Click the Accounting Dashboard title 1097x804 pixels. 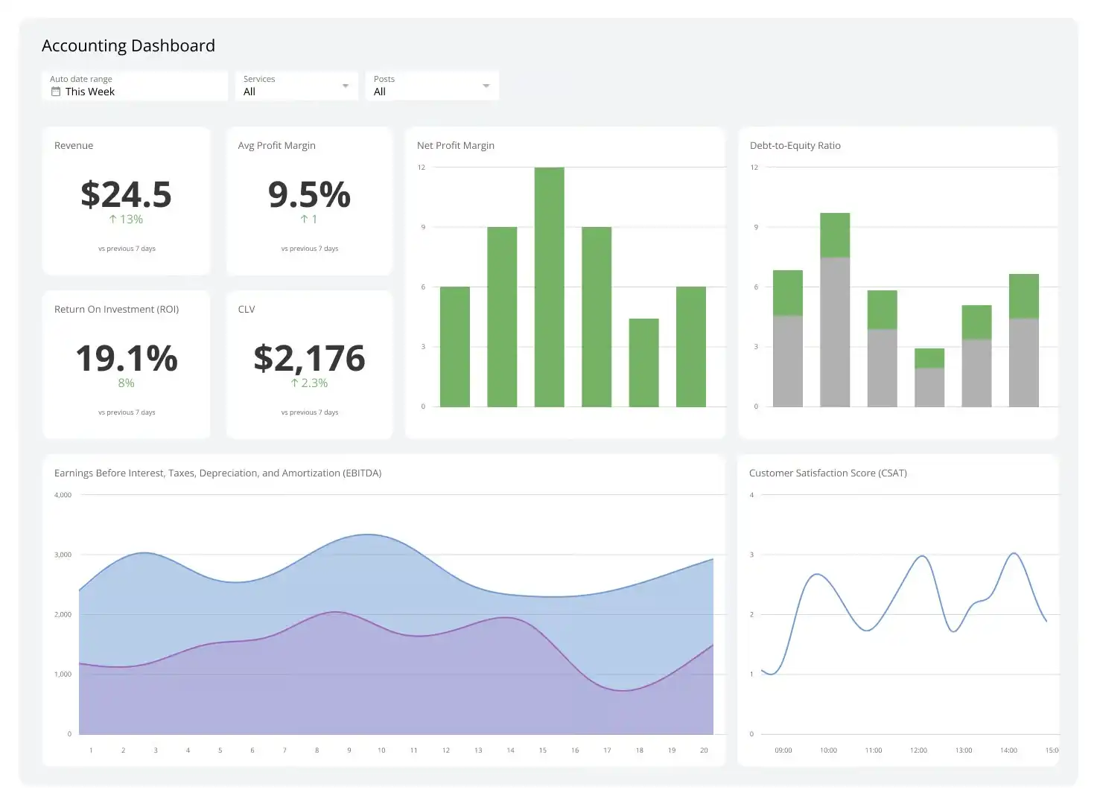[x=128, y=45]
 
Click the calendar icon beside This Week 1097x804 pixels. [x=55, y=92]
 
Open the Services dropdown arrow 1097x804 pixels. [x=345, y=86]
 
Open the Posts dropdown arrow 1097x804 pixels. [x=486, y=86]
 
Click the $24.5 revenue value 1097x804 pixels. [x=126, y=194]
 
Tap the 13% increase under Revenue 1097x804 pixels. [x=126, y=219]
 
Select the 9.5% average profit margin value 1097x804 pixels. [x=309, y=194]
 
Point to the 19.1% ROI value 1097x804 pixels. [x=126, y=358]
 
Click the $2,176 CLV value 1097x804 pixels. [x=309, y=358]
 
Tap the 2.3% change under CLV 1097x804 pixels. [x=309, y=383]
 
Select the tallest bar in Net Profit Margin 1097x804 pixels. [x=549, y=287]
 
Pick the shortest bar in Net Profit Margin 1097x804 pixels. [x=643, y=363]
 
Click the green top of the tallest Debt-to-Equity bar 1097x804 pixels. [x=835, y=234]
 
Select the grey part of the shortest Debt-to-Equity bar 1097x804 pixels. [x=929, y=387]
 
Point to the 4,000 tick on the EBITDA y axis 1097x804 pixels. [x=63, y=495]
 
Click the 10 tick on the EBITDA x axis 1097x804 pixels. [x=381, y=750]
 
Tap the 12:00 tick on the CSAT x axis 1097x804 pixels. [x=918, y=750]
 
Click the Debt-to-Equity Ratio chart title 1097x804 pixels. [x=795, y=145]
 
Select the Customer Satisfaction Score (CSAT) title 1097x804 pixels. [x=827, y=473]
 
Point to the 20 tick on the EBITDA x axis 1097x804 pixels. [x=704, y=750]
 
